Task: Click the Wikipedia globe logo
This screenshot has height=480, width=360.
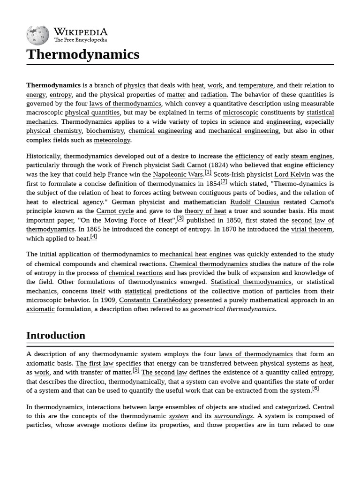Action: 38,35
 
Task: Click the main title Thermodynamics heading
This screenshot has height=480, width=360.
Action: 83,54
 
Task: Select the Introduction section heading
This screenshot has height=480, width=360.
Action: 56,336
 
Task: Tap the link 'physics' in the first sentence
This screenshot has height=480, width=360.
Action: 135,85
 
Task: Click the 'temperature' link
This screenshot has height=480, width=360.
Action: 255,85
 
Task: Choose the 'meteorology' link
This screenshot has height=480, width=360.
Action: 112,140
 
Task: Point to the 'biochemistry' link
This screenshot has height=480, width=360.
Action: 105,131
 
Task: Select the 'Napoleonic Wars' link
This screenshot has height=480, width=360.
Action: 178,174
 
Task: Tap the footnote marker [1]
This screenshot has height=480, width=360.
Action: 208,172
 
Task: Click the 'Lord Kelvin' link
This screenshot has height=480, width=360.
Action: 292,174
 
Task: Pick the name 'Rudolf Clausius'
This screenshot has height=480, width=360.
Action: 255,202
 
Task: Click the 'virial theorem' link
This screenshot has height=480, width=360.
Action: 312,229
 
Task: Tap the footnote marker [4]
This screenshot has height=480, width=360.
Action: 94,237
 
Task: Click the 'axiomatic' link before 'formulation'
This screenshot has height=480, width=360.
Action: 40,309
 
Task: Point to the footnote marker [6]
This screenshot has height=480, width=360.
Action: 315,389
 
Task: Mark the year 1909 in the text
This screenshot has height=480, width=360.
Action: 108,300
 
